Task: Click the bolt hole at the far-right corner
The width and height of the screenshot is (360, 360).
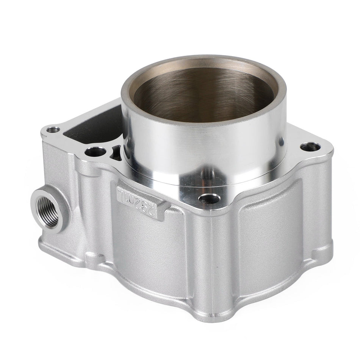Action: (307, 146)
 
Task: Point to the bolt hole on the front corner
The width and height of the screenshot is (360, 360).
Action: (207, 198)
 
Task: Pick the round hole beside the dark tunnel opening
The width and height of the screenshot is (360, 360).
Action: (92, 152)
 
